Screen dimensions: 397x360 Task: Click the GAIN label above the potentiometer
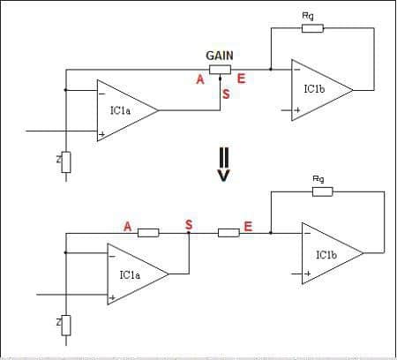(220, 56)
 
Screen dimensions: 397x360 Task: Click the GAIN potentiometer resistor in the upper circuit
(220, 70)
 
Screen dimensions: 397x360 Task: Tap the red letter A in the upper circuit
(200, 79)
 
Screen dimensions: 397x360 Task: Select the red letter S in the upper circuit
(226, 94)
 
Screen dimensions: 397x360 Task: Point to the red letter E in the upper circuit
(241, 79)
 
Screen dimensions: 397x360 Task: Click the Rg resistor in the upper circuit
(312, 28)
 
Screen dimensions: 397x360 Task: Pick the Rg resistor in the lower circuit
(323, 191)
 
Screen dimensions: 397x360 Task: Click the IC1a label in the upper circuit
(120, 110)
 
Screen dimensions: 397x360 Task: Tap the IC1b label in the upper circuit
(314, 89)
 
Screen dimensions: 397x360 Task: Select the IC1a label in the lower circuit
(130, 275)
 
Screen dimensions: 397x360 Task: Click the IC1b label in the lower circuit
(326, 255)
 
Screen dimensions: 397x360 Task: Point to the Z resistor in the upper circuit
(66, 162)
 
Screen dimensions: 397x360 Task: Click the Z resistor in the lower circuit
(66, 325)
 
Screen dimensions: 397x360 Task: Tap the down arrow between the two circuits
(223, 163)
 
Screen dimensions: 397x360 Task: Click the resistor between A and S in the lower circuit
(148, 233)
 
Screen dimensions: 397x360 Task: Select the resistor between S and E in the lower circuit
(228, 233)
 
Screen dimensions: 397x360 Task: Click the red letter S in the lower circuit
(189, 225)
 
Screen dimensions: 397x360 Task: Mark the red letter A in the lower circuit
(127, 227)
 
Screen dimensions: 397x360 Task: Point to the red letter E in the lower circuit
(248, 227)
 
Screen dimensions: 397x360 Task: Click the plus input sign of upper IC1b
(297, 110)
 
